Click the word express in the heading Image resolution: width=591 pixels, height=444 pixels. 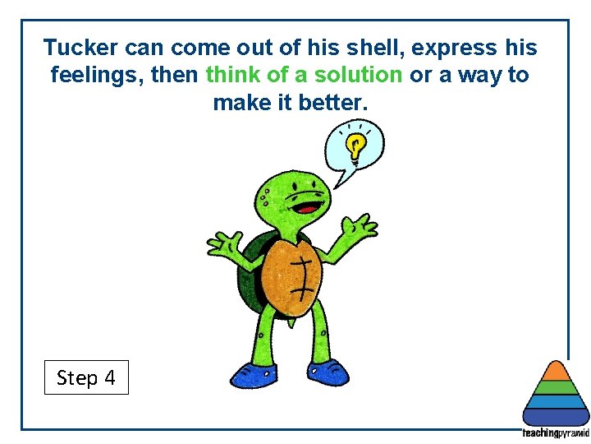tap(454, 47)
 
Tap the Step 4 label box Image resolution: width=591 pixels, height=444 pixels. tap(86, 377)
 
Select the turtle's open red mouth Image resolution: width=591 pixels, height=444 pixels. tap(304, 201)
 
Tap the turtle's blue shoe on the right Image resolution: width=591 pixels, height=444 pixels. tap(329, 371)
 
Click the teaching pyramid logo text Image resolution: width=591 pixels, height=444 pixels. tap(556, 433)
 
